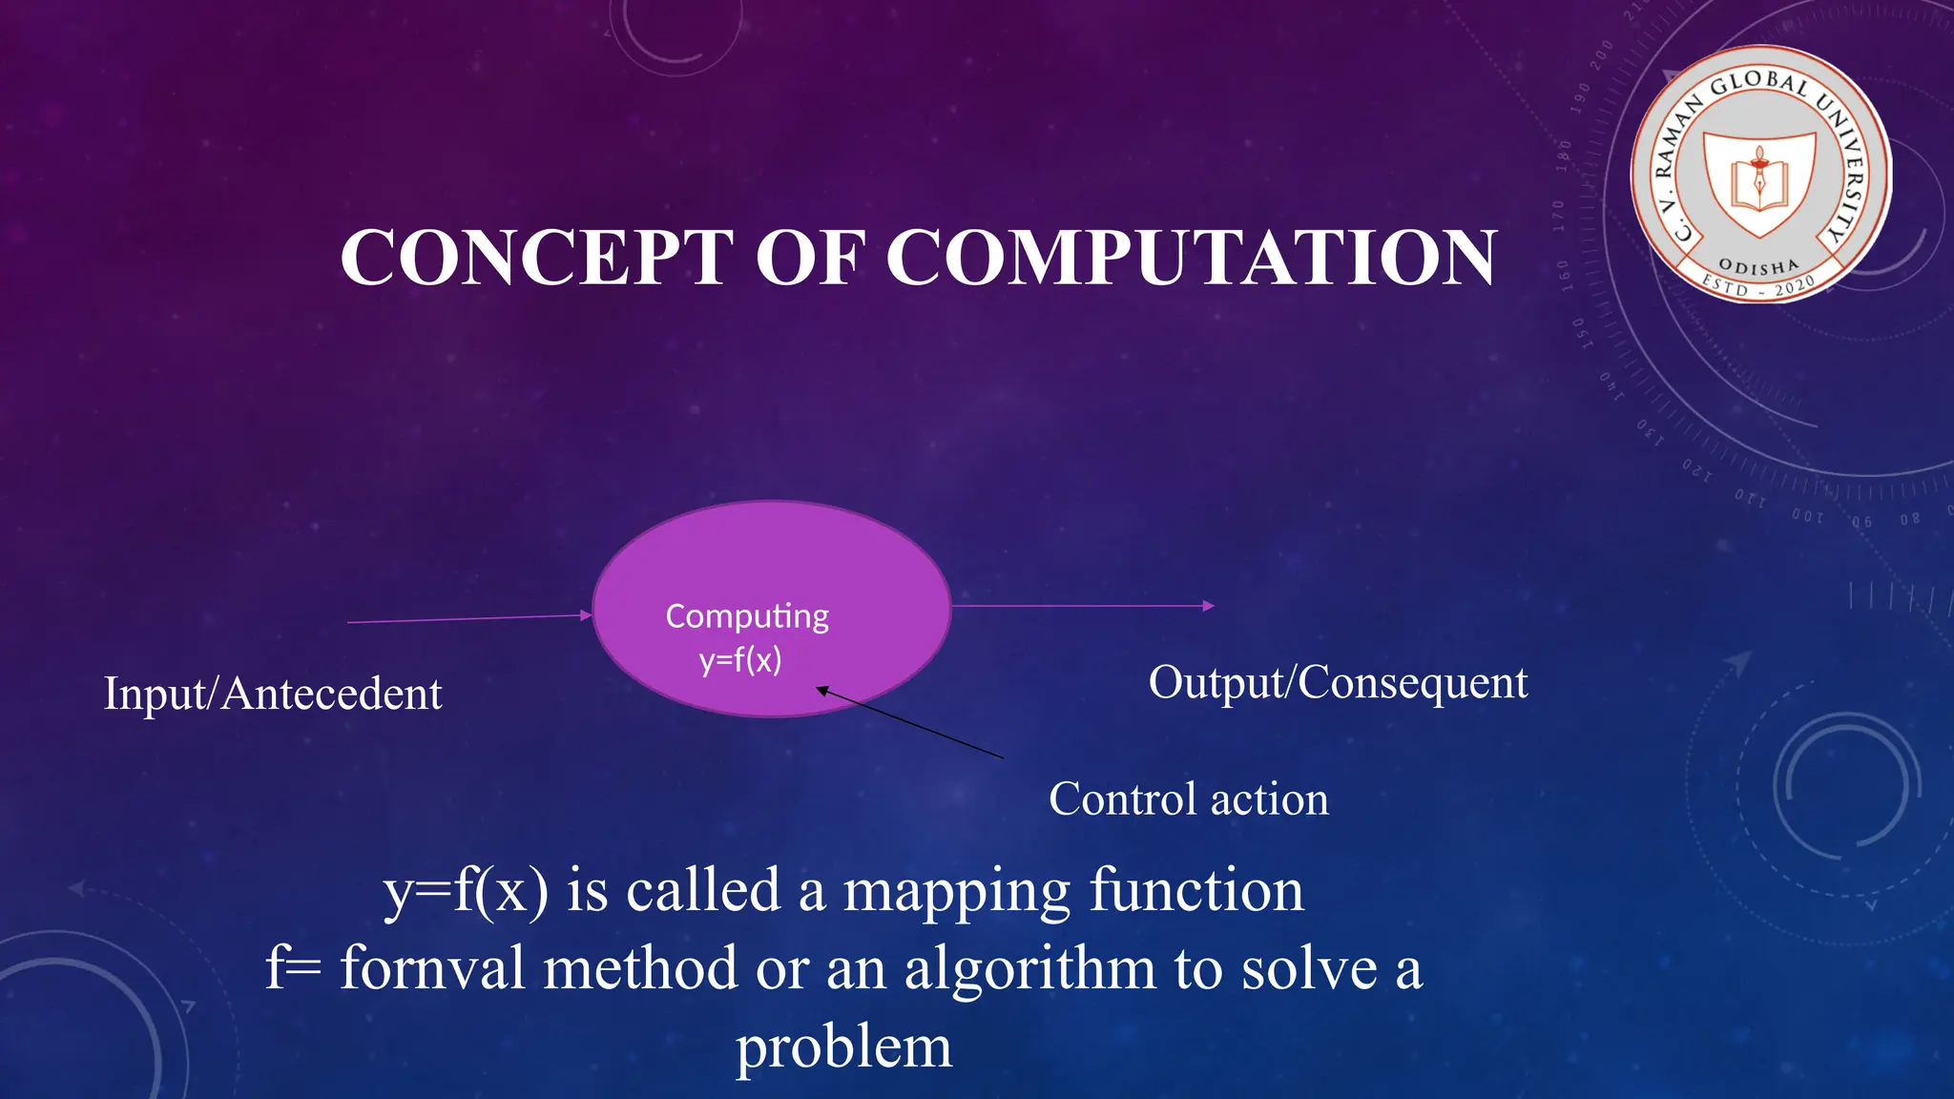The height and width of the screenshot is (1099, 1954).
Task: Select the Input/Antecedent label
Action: point(273,694)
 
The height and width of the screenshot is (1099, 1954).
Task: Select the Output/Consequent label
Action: point(1338,683)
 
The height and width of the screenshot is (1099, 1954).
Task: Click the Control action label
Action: point(1188,799)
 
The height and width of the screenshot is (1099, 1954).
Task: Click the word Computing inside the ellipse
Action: point(747,616)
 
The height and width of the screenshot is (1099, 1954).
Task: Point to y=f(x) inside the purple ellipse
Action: point(740,660)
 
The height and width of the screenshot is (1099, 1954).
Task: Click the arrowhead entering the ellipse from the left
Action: point(586,615)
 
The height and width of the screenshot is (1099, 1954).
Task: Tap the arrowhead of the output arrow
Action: point(1208,606)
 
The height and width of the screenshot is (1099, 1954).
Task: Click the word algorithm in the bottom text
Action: point(1029,968)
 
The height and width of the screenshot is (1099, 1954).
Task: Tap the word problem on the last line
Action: point(843,1047)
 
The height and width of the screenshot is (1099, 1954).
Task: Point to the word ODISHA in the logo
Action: point(1758,267)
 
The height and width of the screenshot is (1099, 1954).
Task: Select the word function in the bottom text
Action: point(1196,890)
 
